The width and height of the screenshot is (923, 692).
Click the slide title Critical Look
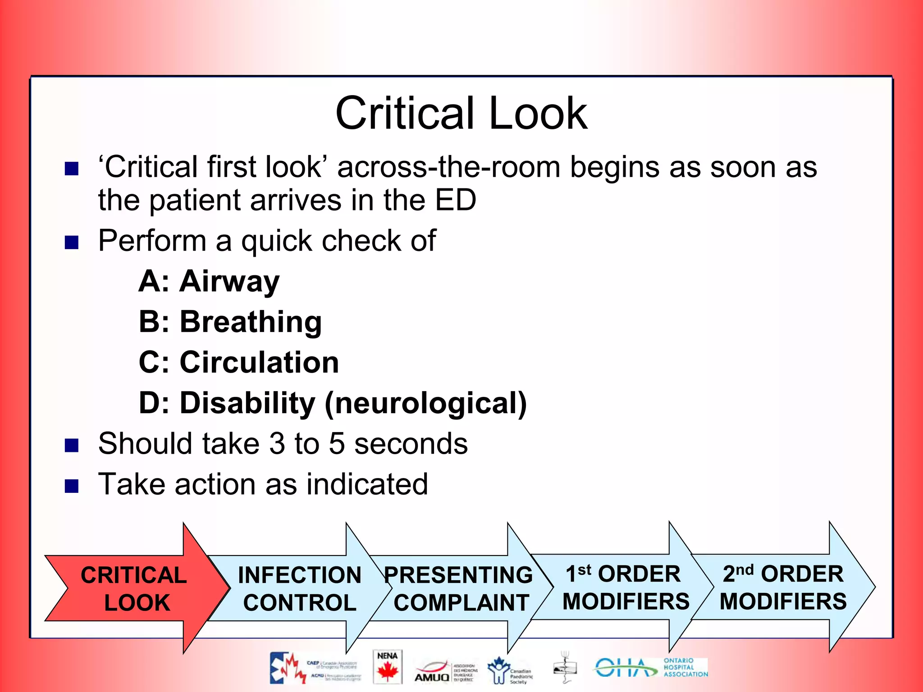[461, 113]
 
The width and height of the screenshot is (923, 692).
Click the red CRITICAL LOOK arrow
[135, 588]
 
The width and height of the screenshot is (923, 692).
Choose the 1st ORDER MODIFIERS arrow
[625, 587]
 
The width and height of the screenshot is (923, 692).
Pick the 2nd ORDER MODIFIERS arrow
[783, 587]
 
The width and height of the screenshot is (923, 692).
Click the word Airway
[229, 281]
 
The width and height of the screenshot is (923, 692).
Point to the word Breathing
[251, 322]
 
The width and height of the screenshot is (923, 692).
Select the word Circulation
[259, 362]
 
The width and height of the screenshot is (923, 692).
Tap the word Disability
[247, 403]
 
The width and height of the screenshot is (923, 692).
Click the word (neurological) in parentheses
[425, 403]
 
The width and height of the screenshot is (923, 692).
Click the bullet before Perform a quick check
[72, 242]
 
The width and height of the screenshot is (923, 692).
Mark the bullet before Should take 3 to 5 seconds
[72, 445]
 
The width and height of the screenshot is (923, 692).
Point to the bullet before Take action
[72, 486]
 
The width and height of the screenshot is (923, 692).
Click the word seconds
[411, 443]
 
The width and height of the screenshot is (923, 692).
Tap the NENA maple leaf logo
[387, 667]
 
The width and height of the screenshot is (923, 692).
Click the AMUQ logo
[432, 672]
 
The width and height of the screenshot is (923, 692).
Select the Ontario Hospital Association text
[685, 667]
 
